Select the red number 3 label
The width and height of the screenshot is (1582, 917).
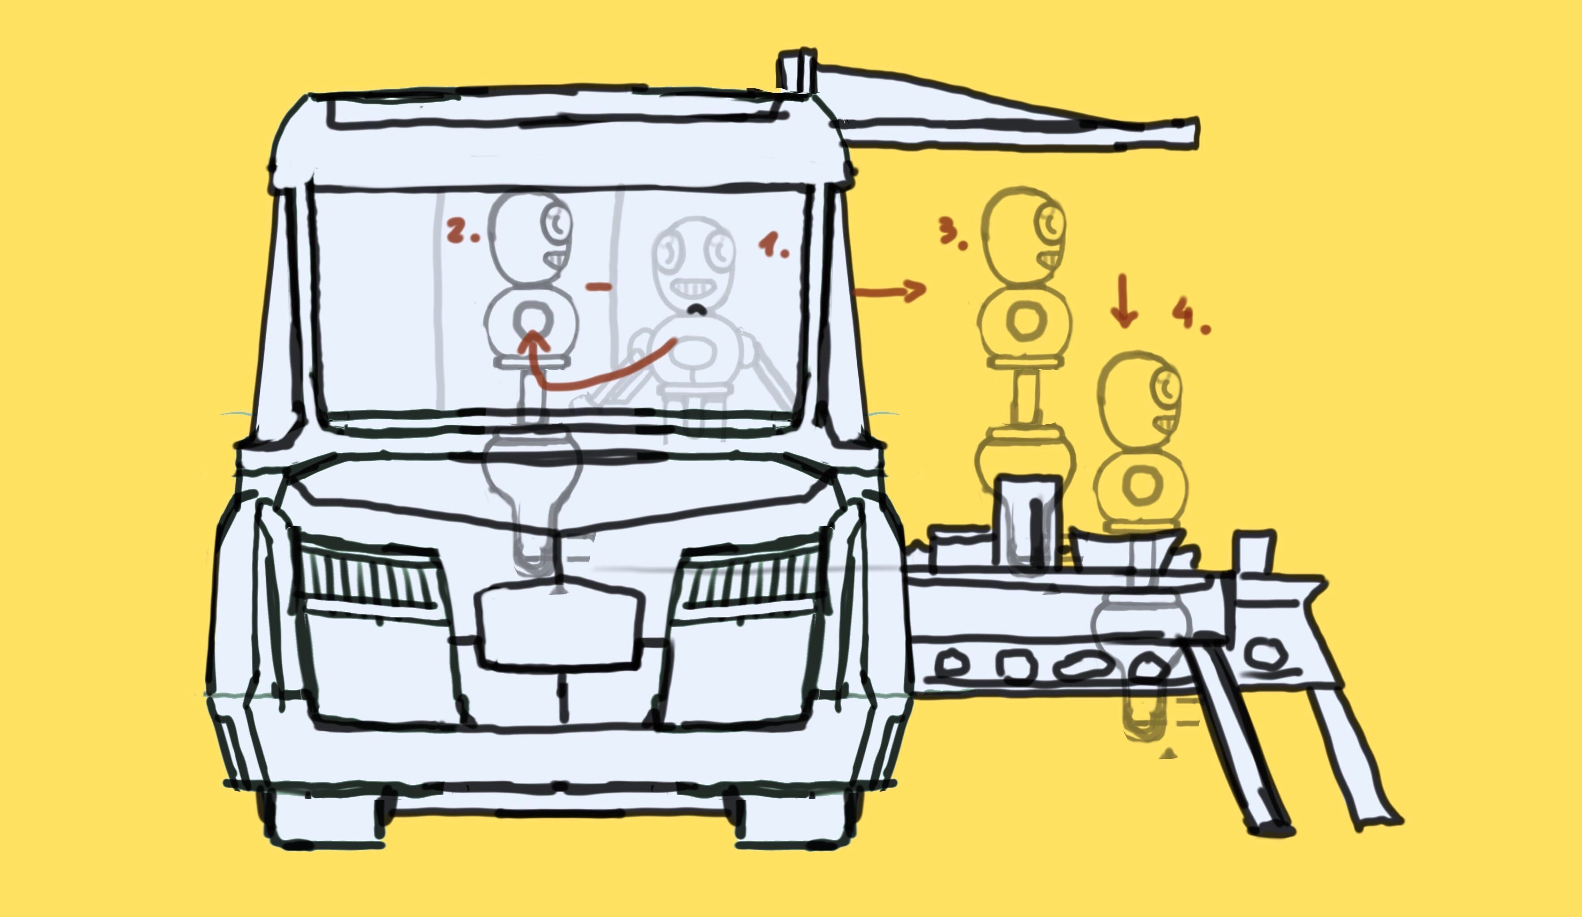coord(952,233)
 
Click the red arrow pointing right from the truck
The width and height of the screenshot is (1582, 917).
coord(890,291)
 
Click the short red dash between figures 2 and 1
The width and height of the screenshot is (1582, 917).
coord(598,287)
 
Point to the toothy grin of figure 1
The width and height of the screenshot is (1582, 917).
coord(692,289)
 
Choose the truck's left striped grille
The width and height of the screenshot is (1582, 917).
coord(369,574)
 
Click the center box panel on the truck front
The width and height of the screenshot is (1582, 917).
coord(559,624)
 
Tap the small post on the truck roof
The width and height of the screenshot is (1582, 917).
coord(797,70)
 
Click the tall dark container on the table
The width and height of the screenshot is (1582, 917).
coord(1028,522)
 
